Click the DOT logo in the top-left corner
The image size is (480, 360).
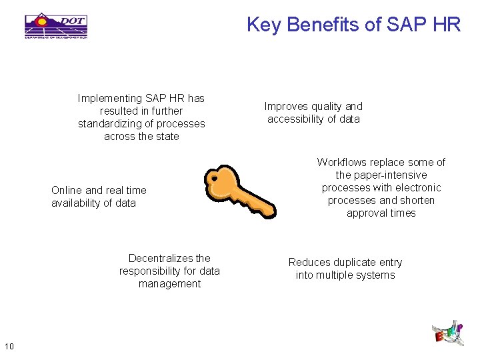[x=56, y=25]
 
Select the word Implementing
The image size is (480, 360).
[x=109, y=98]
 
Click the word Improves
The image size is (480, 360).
[x=285, y=106]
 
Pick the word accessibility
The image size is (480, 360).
[x=295, y=119]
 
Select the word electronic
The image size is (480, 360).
[x=417, y=187]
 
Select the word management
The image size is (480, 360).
[x=169, y=283]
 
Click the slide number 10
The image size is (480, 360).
[x=9, y=345]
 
